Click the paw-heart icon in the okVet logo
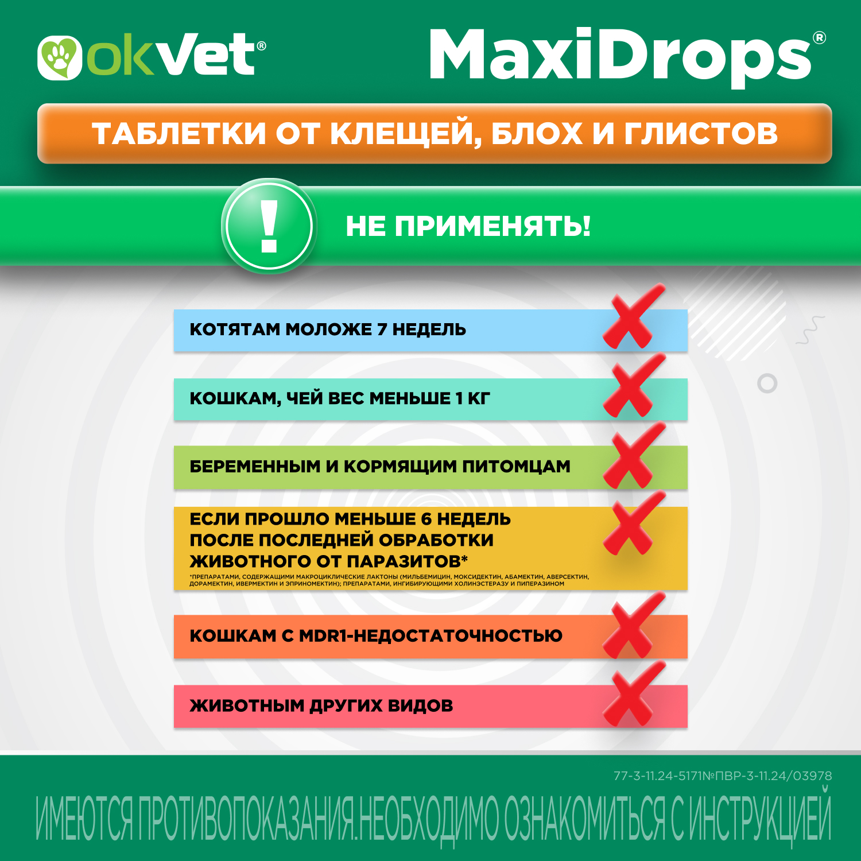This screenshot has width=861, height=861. [60, 57]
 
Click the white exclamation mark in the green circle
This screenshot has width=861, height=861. [269, 227]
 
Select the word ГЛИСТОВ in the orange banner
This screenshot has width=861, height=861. [701, 134]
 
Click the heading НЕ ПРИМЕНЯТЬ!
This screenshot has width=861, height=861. [468, 226]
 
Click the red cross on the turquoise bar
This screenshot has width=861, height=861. [634, 385]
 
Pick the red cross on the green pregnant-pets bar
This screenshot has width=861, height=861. [634, 455]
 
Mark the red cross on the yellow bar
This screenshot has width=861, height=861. [634, 523]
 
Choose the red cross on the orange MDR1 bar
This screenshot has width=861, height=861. [634, 626]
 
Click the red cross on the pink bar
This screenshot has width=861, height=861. [634, 693]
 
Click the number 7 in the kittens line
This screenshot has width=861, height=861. [382, 329]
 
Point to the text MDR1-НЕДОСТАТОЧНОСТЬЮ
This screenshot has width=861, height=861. [430, 636]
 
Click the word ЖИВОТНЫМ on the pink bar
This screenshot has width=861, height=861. [247, 705]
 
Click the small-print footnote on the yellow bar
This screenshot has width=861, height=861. [389, 580]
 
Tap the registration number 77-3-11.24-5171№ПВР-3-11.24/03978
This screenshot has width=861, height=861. [723, 776]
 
